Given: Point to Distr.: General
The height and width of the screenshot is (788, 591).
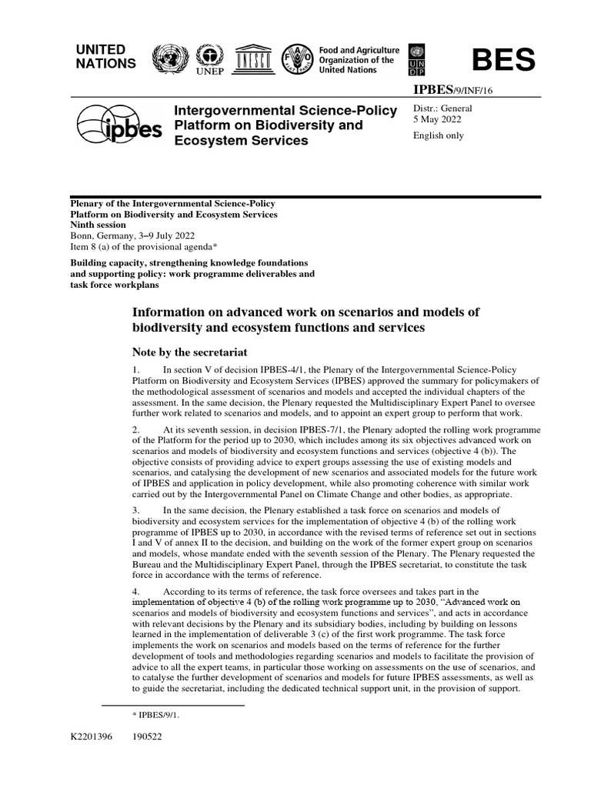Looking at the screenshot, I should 442,109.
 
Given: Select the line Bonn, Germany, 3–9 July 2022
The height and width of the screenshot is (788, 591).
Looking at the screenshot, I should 132,235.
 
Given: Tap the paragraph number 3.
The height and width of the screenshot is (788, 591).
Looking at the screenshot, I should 136,511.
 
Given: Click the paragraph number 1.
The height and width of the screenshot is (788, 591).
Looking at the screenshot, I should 136,370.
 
